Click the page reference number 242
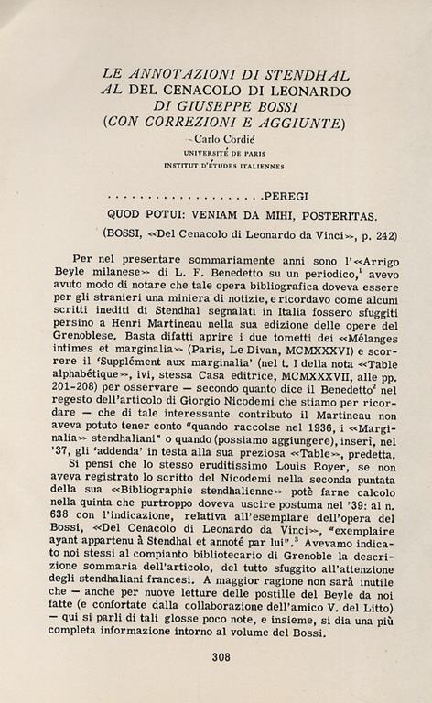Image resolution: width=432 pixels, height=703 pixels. [385, 235]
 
